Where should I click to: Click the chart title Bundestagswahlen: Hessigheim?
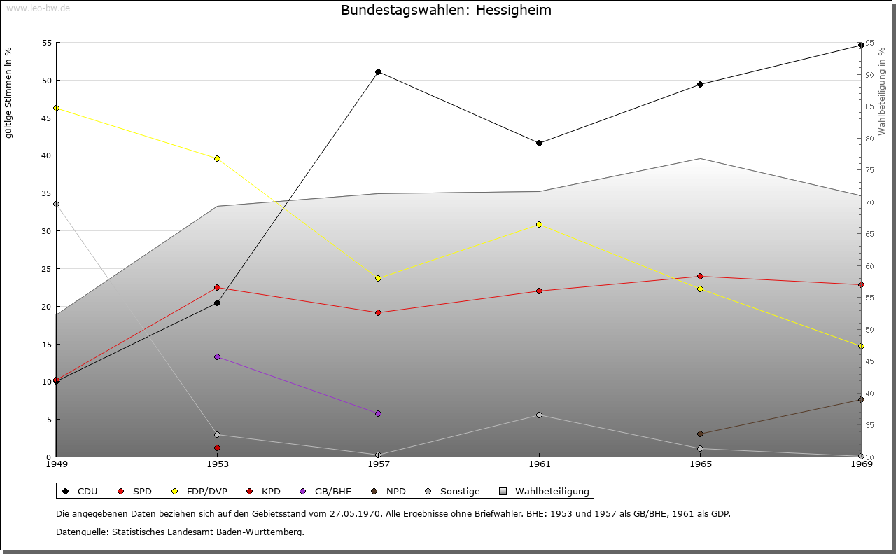click(x=446, y=11)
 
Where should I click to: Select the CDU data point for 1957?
click(x=378, y=71)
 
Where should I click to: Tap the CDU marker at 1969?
click(x=861, y=46)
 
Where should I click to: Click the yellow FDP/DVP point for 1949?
click(x=56, y=108)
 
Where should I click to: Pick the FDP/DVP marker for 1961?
click(x=539, y=224)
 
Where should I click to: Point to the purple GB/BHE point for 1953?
click(x=217, y=356)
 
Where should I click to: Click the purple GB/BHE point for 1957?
click(x=378, y=413)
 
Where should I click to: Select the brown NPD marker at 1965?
click(x=700, y=434)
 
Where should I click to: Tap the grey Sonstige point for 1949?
click(x=56, y=204)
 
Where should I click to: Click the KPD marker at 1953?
click(x=217, y=448)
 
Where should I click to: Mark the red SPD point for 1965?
click(x=700, y=276)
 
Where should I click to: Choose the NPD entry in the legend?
click(x=389, y=491)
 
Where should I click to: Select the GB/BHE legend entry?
click(x=327, y=491)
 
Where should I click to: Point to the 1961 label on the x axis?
click(x=539, y=464)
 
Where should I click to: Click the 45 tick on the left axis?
click(x=47, y=118)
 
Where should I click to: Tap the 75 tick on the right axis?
click(x=870, y=170)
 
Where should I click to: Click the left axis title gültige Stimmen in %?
click(x=8, y=92)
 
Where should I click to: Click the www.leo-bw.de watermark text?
click(x=38, y=8)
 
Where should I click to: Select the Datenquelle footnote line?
click(x=180, y=532)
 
